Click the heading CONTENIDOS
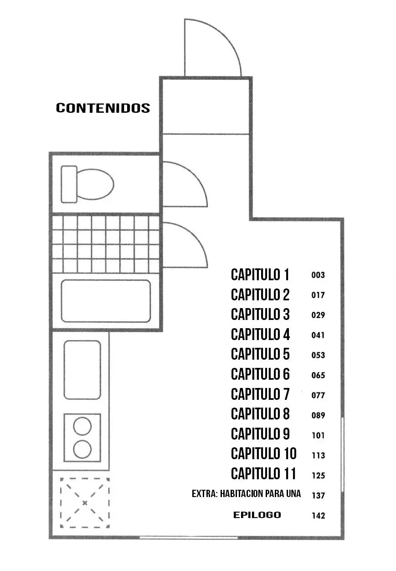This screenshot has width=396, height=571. tap(103, 108)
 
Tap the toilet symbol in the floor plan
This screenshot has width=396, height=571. tap(87, 184)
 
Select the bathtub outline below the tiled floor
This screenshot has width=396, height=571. tap(106, 301)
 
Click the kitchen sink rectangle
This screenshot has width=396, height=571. tap(82, 370)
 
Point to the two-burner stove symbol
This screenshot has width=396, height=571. tap(82, 438)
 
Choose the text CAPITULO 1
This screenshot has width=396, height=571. tap(260, 275)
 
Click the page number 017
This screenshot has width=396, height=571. tap(318, 295)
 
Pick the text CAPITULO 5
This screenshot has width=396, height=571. tap(260, 354)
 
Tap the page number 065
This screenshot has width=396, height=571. tap(318, 375)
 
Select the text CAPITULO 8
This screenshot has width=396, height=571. tap(260, 414)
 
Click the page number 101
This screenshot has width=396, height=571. tap(319, 435)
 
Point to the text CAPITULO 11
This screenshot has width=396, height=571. tap(263, 474)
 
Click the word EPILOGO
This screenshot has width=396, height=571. tap(257, 515)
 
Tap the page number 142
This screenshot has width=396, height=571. tap(319, 516)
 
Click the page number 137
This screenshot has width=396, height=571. tap(319, 496)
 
